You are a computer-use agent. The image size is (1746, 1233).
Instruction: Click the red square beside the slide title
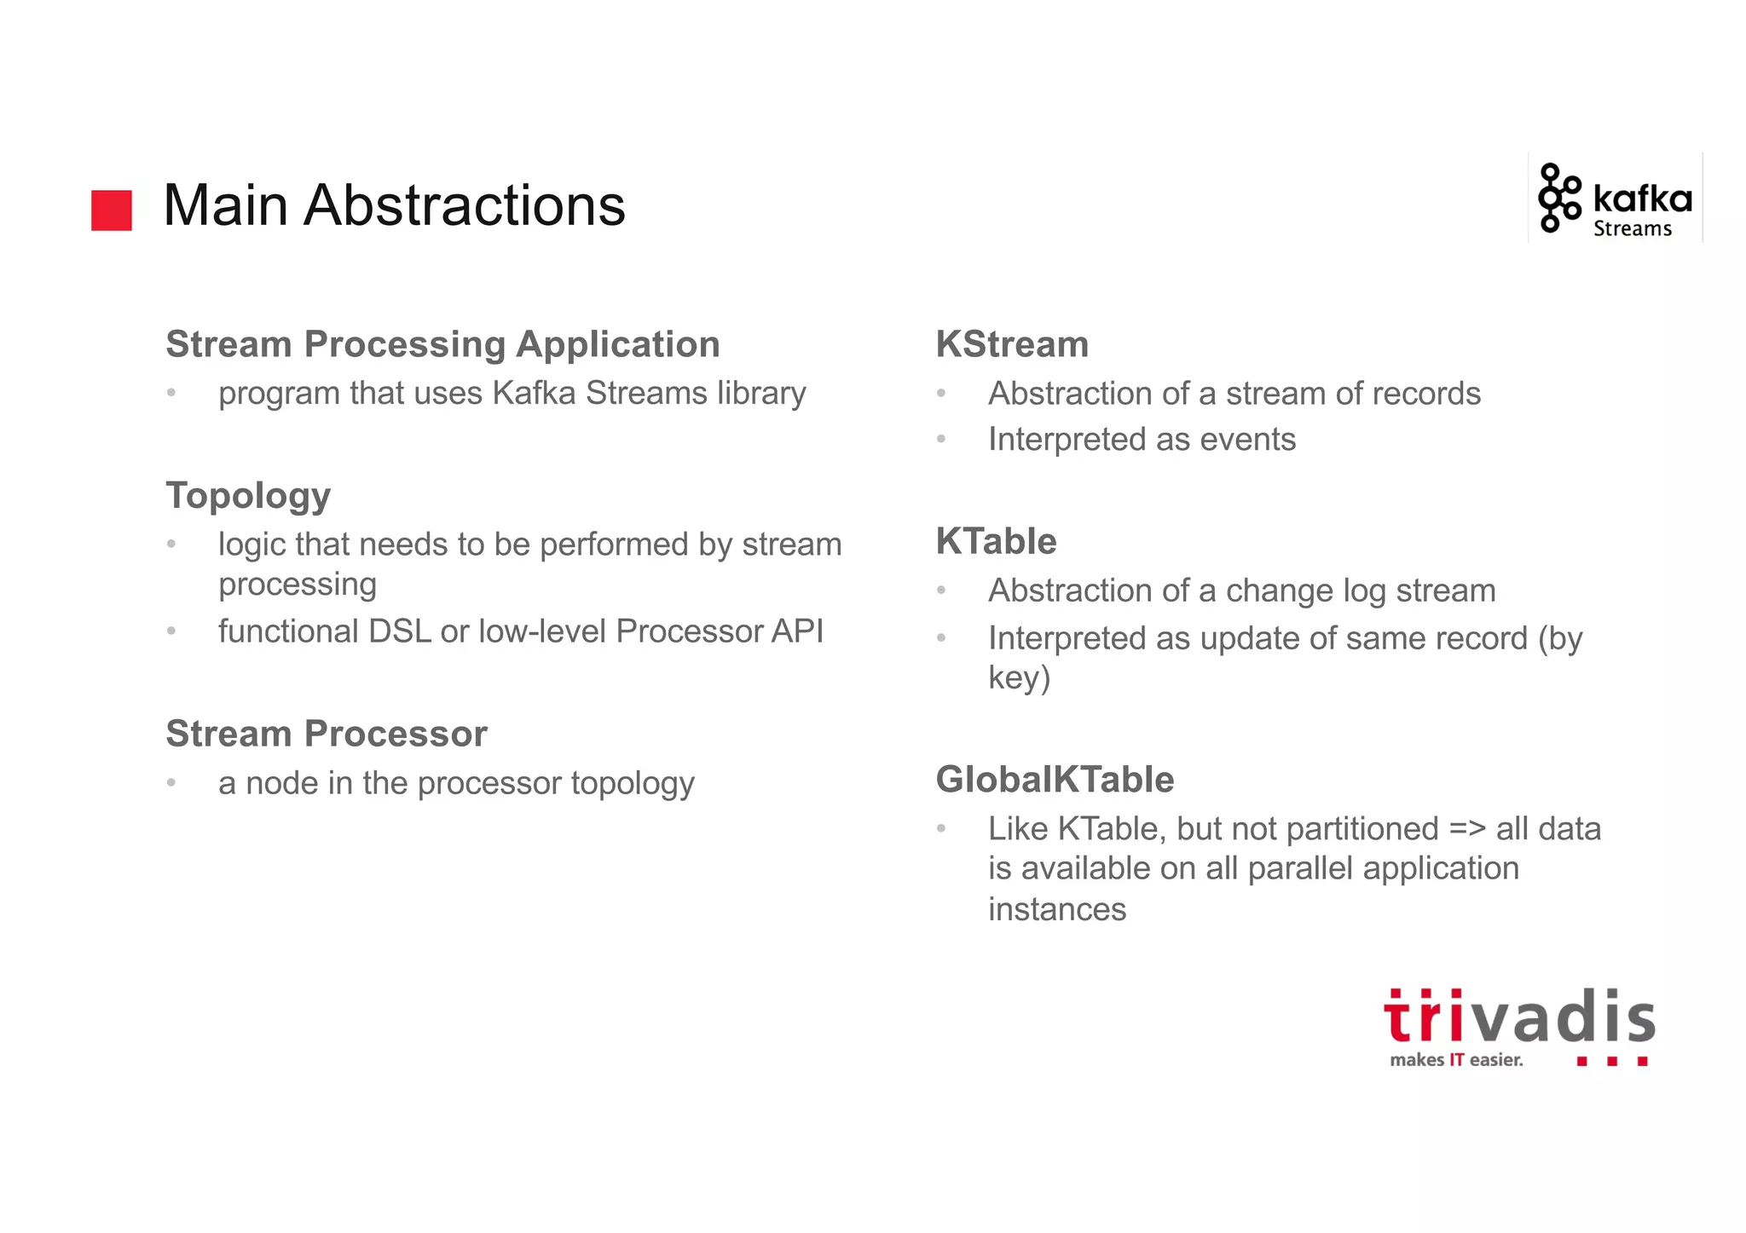(112, 210)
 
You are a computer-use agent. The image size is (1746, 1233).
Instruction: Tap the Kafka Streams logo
(1615, 199)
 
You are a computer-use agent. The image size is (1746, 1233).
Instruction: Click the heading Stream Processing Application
(442, 344)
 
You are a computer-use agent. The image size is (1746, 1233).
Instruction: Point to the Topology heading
(248, 496)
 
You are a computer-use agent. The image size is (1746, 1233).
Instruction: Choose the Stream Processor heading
(327, 734)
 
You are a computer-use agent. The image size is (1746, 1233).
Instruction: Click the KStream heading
(1012, 344)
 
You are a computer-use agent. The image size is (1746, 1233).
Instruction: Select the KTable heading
(996, 541)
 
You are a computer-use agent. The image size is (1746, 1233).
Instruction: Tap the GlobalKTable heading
(1055, 780)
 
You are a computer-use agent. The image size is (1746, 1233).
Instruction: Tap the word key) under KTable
(1019, 678)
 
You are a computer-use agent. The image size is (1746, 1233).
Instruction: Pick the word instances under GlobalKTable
(1057, 909)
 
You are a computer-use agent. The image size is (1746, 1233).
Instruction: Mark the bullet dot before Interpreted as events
(941, 440)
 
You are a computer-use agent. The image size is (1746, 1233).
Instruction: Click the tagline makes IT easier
(1455, 1060)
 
